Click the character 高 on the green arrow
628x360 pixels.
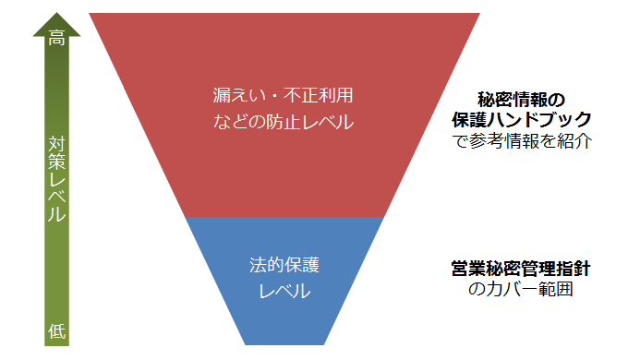click(56, 38)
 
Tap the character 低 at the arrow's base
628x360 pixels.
click(56, 331)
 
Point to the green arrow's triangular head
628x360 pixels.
click(56, 24)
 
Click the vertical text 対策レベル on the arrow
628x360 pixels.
click(56, 179)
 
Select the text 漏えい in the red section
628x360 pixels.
click(239, 95)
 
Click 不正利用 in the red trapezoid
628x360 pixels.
click(319, 95)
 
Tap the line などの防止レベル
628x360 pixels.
click(284, 122)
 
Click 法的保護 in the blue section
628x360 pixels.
click(284, 265)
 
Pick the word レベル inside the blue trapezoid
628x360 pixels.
click(284, 291)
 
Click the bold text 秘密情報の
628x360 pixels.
click(521, 100)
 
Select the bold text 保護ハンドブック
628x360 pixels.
click(522, 119)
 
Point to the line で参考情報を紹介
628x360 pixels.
click(522, 140)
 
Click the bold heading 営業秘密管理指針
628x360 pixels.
click(521, 269)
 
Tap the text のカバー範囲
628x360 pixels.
click(521, 289)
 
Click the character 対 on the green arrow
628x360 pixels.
click(56, 145)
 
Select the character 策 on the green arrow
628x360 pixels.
click(56, 162)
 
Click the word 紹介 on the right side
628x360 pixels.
click(574, 140)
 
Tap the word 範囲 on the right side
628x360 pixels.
click(556, 289)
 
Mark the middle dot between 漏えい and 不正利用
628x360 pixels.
click(275, 96)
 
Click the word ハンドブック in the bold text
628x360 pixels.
click(539, 119)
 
